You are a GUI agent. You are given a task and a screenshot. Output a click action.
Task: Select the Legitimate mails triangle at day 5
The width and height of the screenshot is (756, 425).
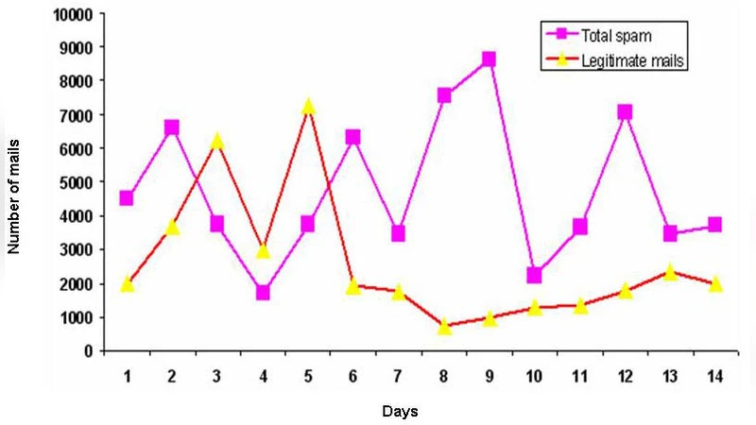[307, 107]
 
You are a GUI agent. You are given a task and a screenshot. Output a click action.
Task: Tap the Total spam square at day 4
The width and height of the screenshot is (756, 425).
[262, 293]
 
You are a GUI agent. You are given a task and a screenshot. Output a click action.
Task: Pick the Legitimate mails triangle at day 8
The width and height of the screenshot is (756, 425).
[444, 326]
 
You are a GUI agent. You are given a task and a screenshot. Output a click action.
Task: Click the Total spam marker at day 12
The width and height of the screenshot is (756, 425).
[625, 112]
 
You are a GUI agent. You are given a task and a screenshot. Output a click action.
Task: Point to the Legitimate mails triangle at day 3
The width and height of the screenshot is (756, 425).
[216, 141]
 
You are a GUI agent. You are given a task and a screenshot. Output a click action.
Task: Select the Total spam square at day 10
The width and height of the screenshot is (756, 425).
[534, 275]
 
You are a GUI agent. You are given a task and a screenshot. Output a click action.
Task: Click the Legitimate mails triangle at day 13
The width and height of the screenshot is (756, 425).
[670, 272]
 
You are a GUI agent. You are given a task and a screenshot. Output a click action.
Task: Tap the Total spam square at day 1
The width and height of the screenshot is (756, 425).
[127, 198]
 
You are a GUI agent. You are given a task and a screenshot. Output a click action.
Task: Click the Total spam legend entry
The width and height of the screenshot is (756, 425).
[614, 35]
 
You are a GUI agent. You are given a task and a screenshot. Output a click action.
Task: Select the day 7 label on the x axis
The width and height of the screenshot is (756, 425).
[398, 376]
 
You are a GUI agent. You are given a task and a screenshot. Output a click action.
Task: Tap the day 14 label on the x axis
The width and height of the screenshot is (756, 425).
[715, 376]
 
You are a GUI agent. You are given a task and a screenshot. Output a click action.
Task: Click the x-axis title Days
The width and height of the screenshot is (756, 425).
[400, 412]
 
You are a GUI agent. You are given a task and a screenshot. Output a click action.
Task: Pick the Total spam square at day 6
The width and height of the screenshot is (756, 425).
[352, 138]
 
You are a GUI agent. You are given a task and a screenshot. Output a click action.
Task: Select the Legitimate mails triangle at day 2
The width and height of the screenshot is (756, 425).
[172, 227]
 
